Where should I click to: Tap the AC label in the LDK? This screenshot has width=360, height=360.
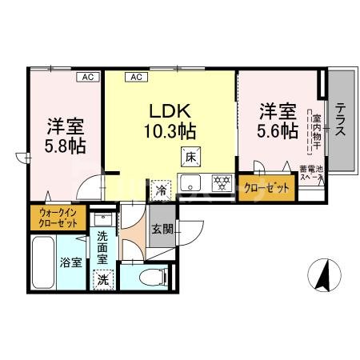135,77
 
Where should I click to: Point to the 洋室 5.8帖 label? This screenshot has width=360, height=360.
66,136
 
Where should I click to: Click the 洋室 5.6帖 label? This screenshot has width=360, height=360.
278,119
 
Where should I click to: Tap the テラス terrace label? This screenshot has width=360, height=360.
340,121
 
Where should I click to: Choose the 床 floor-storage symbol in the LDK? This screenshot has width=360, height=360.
190,157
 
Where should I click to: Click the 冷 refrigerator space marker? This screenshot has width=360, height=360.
162,191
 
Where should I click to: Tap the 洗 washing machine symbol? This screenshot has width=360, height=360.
102,279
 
